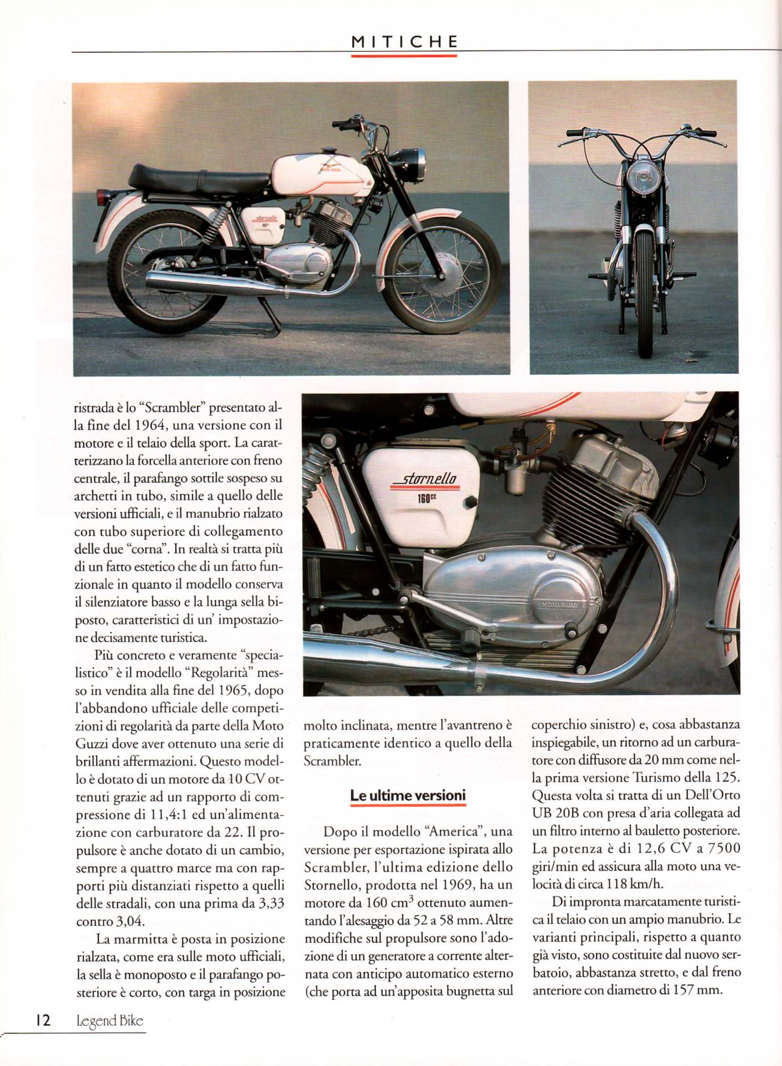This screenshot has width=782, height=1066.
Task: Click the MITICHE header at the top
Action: (405, 42)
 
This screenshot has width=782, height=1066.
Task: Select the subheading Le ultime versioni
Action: (408, 795)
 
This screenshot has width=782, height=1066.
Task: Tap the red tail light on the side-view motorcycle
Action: (102, 197)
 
